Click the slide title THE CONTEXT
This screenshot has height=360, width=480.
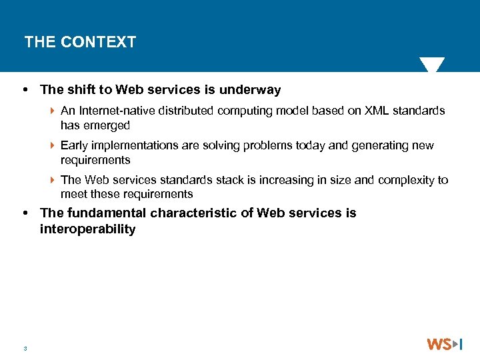coord(80,42)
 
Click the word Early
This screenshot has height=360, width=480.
coord(74,145)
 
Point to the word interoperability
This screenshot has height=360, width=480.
coord(88,229)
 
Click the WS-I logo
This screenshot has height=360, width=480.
coord(445,344)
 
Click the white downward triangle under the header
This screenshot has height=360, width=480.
coord(432,65)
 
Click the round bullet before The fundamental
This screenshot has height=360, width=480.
coord(25,214)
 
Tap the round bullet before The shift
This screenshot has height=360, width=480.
coord(25,90)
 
